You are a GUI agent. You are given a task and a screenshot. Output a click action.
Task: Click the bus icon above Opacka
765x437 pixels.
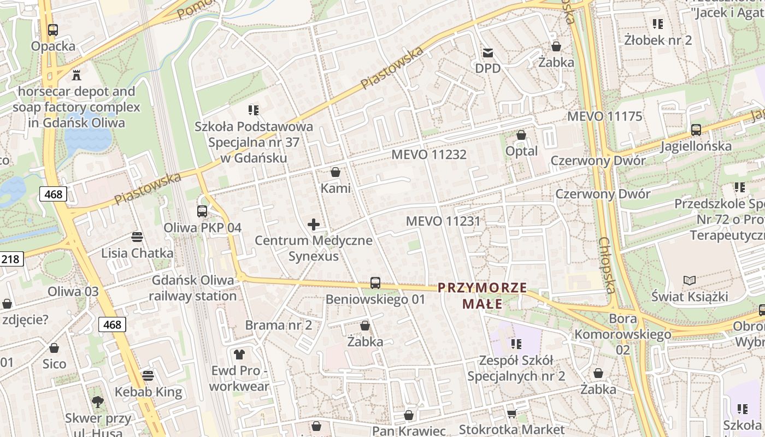tap(53, 30)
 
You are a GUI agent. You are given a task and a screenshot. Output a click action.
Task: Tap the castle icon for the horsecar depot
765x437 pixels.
tap(76, 75)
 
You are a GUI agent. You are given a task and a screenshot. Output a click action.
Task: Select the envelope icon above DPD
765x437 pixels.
tap(487, 53)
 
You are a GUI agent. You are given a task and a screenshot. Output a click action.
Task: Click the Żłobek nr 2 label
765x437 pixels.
tap(658, 40)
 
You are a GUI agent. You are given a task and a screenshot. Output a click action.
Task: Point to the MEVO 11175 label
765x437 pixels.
tap(604, 116)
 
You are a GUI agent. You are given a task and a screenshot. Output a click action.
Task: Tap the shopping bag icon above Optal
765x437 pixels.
tap(521, 135)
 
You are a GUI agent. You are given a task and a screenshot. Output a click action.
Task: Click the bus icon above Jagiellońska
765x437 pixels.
tap(696, 130)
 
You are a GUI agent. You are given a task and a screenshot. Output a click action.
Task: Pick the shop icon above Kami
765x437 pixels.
tap(336, 172)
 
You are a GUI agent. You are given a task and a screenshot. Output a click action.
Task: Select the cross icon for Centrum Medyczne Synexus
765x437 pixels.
tap(314, 224)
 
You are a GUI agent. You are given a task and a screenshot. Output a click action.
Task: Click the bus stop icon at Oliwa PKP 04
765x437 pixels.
tap(202, 211)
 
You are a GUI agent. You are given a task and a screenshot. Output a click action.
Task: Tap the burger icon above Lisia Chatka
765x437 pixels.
tap(137, 237)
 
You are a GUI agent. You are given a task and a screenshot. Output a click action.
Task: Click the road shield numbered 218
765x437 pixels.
tap(10, 259)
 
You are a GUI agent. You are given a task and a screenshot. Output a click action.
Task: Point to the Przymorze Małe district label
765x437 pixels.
tap(482, 296)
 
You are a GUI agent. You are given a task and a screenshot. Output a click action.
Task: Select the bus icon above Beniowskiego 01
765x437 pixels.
tap(375, 283)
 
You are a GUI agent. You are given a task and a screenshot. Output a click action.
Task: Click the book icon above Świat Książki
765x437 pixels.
tap(690, 281)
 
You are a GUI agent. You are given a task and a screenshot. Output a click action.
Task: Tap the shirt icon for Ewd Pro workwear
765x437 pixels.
tap(239, 355)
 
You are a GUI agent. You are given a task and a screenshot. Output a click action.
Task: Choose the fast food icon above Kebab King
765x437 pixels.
tap(148, 376)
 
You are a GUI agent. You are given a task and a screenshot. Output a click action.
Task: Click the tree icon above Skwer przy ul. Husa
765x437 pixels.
tap(98, 403)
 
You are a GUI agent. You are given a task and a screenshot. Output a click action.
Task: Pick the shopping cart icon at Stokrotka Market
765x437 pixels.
tap(511, 414)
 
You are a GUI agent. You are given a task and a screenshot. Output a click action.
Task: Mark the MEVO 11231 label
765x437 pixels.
tap(443, 221)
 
